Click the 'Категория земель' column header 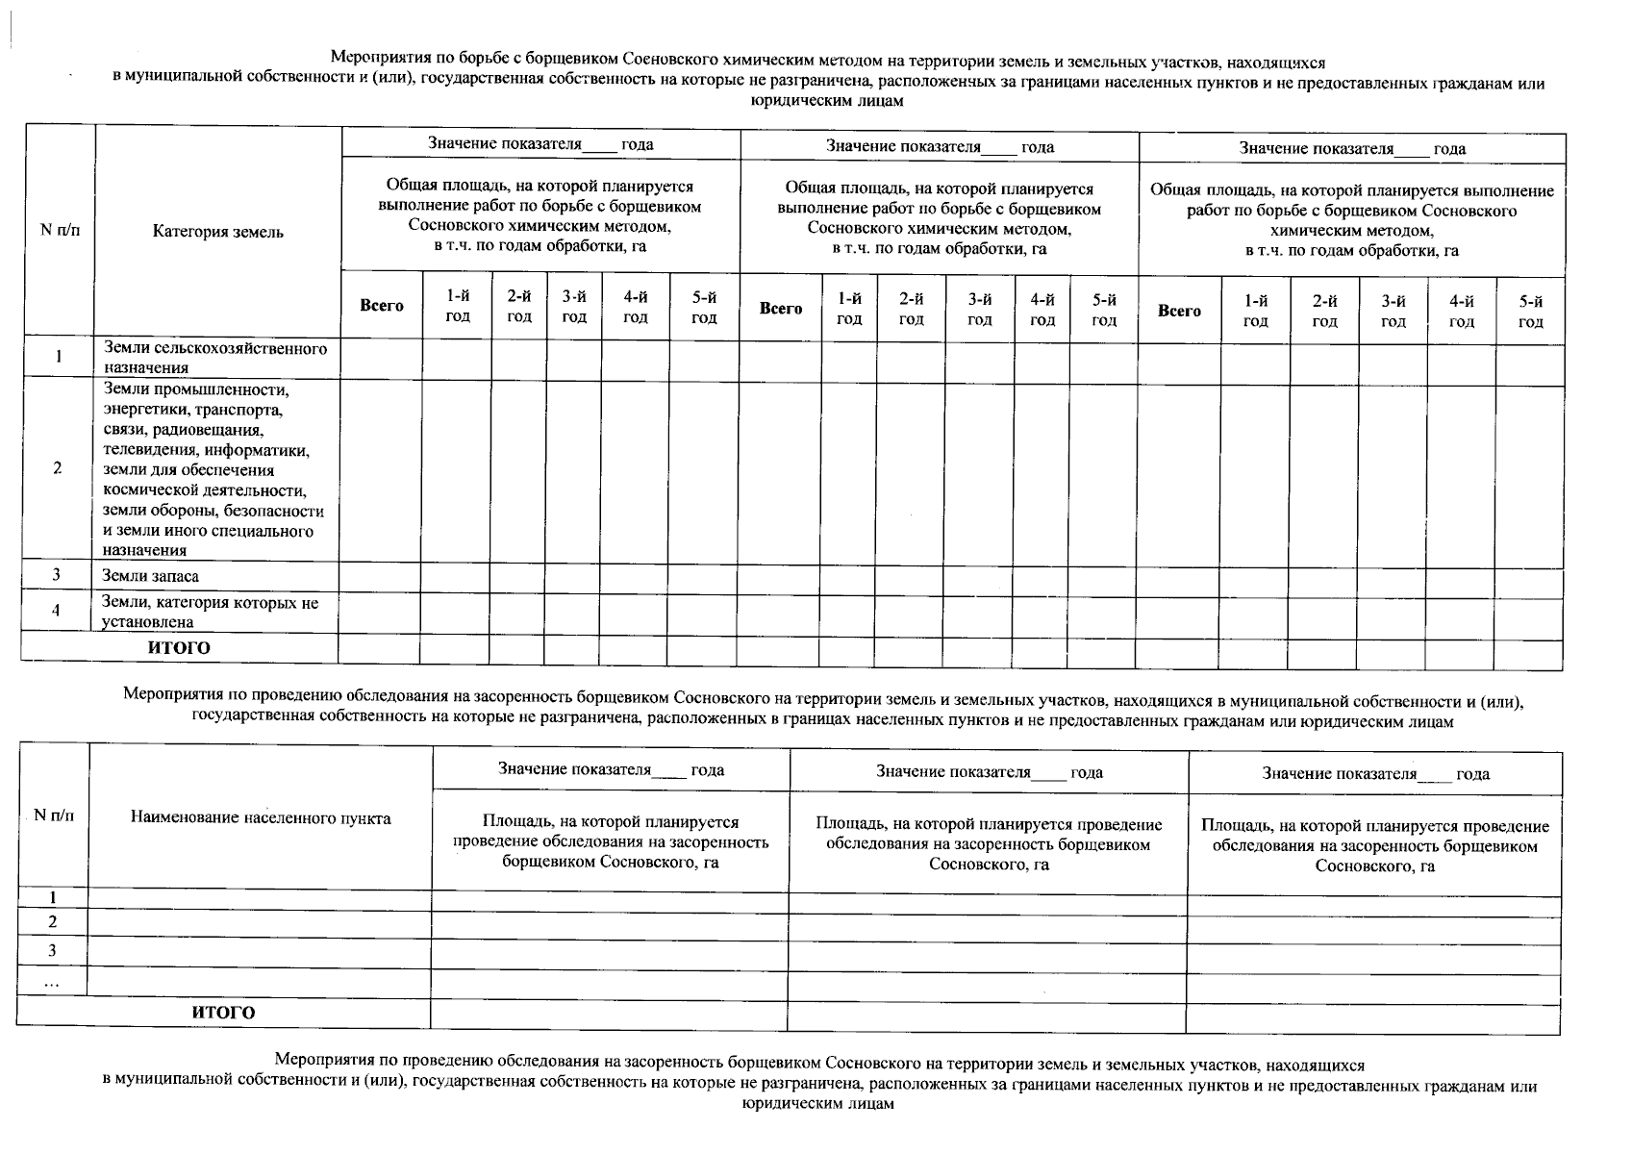pyautogui.click(x=217, y=232)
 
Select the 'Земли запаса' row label pyautogui.click(x=150, y=576)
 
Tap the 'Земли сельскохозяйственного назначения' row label pyautogui.click(x=214, y=358)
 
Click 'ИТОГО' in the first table pyautogui.click(x=179, y=648)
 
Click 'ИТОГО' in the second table pyautogui.click(x=223, y=1013)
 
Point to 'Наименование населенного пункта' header pyautogui.click(x=261, y=818)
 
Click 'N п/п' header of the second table pyautogui.click(x=54, y=815)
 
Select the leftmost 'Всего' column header pyautogui.click(x=382, y=306)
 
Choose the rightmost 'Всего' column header pyautogui.click(x=1179, y=311)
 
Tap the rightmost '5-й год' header pyautogui.click(x=1530, y=311)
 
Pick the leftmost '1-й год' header pyautogui.click(x=458, y=306)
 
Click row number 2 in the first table pyautogui.click(x=58, y=468)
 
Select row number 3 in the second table pyautogui.click(x=53, y=951)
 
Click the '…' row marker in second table pyautogui.click(x=52, y=982)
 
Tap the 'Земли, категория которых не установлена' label pyautogui.click(x=210, y=612)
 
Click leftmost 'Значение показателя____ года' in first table pyautogui.click(x=540, y=144)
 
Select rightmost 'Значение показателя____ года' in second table pyautogui.click(x=1375, y=773)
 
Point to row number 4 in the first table pyautogui.click(x=57, y=611)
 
